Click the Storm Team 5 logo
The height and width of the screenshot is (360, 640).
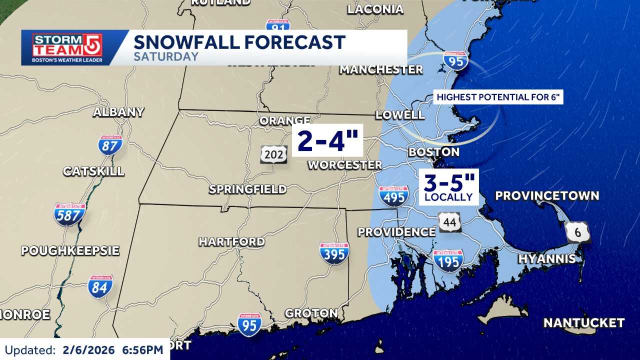pos(67,48)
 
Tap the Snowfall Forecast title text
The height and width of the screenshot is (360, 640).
pos(239,42)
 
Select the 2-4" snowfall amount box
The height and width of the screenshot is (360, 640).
pos(327,140)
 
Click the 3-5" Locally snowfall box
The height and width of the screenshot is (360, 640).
pos(448,186)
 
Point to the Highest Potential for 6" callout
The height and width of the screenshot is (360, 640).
pos(498,97)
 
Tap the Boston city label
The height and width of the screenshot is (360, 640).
pos(433,151)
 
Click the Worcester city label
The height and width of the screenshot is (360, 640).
pos(344,164)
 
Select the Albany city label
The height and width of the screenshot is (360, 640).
pos(118,112)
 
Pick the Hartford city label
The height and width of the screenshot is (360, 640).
pos(232,241)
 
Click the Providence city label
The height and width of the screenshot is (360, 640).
pos(396,232)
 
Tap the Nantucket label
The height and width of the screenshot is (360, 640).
pos(584,323)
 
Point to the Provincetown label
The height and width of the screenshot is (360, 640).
pos(547,195)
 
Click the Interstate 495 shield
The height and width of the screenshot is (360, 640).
pos(393,196)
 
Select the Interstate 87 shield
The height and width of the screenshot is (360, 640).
pos(110,145)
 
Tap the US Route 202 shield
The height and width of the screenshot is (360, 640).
pos(273,154)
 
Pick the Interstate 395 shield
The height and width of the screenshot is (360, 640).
pos(334,253)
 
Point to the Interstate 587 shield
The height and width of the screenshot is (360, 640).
pos(70,214)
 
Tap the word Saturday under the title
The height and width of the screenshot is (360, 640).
pos(166,56)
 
